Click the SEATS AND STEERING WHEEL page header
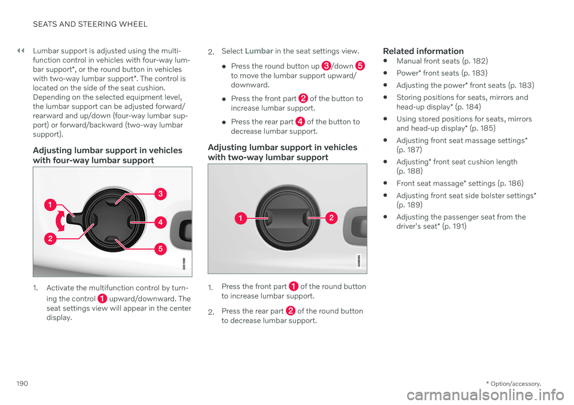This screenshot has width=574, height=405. point(90,24)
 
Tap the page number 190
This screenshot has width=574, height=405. point(22,383)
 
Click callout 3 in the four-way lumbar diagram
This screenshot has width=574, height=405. point(160,194)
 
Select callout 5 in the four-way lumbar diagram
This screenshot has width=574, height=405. point(160,249)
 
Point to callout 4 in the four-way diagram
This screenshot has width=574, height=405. point(160,222)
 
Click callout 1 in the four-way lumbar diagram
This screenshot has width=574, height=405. point(50,205)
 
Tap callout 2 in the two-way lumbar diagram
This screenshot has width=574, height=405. point(331,218)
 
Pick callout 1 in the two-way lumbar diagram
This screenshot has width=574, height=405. point(240,218)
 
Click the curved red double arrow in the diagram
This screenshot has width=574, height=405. point(60,221)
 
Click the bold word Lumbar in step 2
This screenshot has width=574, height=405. point(259,51)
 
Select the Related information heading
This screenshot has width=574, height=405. point(423,51)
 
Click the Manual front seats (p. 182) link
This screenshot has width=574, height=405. point(442,61)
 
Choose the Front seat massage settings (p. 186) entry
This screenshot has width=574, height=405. point(460,183)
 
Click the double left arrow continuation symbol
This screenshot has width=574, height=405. point(20,50)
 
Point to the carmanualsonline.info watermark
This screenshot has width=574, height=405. point(486,395)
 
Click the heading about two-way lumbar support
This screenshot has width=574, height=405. point(283,153)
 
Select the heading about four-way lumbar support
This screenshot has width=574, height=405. point(108,156)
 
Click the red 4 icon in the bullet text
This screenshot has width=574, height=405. point(300,121)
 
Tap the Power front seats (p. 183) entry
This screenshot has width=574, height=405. point(442,73)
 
